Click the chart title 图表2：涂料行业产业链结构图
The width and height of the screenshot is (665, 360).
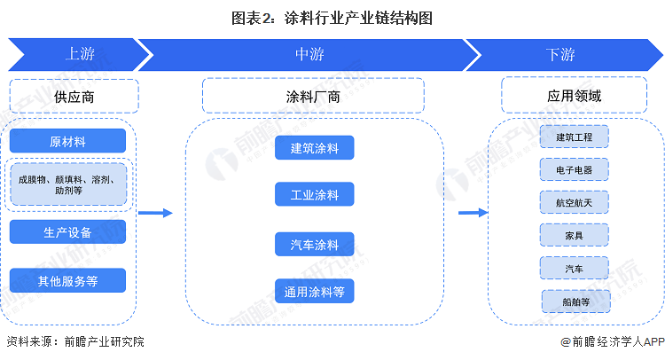[x=332, y=19]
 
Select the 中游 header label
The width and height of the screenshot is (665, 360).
[x=309, y=54]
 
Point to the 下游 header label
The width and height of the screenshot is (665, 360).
[x=560, y=54]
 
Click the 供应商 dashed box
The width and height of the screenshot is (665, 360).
[x=74, y=97]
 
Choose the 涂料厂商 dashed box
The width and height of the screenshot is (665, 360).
[x=313, y=96]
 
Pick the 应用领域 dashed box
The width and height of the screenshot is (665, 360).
[x=575, y=96]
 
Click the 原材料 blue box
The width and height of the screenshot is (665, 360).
[x=68, y=141]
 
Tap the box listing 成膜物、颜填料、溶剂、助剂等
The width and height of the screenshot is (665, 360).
[x=68, y=184]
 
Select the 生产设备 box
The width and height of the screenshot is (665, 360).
[x=68, y=232]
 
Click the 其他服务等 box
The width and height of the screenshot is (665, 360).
[x=68, y=280]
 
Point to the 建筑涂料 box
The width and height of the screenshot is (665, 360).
[x=314, y=147]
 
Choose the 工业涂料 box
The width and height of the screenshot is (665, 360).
[x=314, y=194]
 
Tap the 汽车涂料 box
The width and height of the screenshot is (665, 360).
[x=314, y=244]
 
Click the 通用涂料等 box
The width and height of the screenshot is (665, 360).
[x=314, y=291]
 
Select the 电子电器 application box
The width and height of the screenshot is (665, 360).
[x=575, y=169]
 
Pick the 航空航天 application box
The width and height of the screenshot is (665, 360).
[x=575, y=202]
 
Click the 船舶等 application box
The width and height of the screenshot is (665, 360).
[x=576, y=301]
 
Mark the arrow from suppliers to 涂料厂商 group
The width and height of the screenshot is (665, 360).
[x=156, y=213]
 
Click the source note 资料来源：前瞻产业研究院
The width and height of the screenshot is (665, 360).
[x=75, y=341]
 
